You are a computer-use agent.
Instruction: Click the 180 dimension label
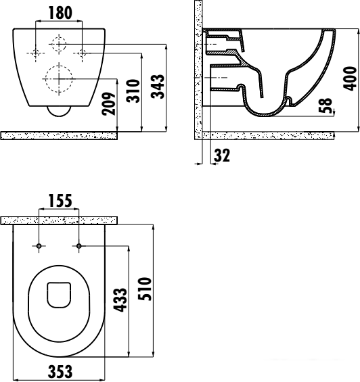tap(60, 13)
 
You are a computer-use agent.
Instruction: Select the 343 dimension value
tap(158, 87)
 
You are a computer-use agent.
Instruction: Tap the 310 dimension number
tap(133, 91)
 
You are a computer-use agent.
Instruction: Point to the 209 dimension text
tap(109, 103)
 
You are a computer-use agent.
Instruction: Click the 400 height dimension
tap(350, 78)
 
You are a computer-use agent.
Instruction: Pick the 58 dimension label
tap(325, 105)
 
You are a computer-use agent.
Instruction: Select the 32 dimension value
tap(222, 156)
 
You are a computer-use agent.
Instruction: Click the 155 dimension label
tap(60, 201)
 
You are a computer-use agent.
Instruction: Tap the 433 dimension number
tap(120, 300)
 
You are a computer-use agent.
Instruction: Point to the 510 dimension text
tap(145, 289)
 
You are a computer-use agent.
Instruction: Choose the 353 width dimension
tap(60, 372)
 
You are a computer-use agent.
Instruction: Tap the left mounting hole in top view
tap(39, 246)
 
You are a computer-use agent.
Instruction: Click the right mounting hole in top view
tap(78, 246)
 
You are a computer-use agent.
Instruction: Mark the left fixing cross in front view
tap(36, 53)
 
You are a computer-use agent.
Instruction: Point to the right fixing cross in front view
tap(82, 53)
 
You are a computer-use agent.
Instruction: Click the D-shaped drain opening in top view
tap(59, 295)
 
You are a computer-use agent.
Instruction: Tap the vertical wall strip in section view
tap(198, 70)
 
